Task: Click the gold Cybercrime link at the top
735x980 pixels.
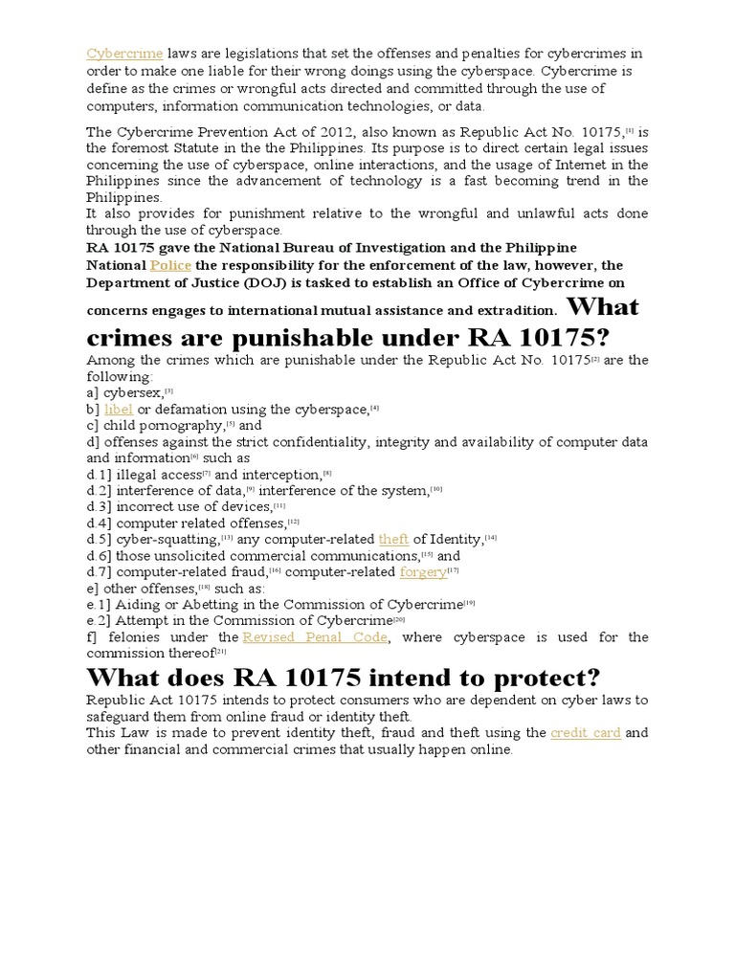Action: tap(124, 53)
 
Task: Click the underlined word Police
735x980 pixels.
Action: tap(170, 265)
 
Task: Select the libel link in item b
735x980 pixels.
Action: tap(120, 409)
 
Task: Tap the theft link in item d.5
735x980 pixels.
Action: tap(393, 539)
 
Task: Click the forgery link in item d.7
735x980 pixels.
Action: tap(423, 571)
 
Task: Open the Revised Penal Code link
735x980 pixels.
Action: tap(315, 636)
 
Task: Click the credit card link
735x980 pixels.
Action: tap(586, 733)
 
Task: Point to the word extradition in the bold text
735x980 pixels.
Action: tap(512, 311)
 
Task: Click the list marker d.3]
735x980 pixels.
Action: tap(100, 506)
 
